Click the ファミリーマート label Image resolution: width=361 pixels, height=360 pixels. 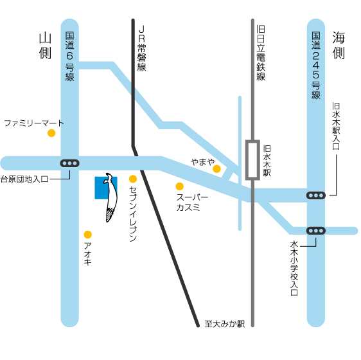coord(34,122)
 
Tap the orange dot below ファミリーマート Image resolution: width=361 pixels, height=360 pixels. coord(51,134)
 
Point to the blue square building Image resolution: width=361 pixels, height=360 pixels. coord(101,187)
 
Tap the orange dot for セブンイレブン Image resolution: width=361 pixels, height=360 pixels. coord(133,179)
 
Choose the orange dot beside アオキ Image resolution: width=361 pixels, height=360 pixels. coord(88,235)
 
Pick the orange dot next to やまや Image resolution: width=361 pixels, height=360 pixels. coord(217,169)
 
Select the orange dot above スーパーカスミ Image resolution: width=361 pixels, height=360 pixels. coord(180,186)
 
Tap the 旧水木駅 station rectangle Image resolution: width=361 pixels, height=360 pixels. coord(252,159)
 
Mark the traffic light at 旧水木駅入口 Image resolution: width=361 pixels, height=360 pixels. coord(316,195)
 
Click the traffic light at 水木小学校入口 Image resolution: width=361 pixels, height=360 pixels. coord(316,230)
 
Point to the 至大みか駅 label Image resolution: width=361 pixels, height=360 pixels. coord(225,325)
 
